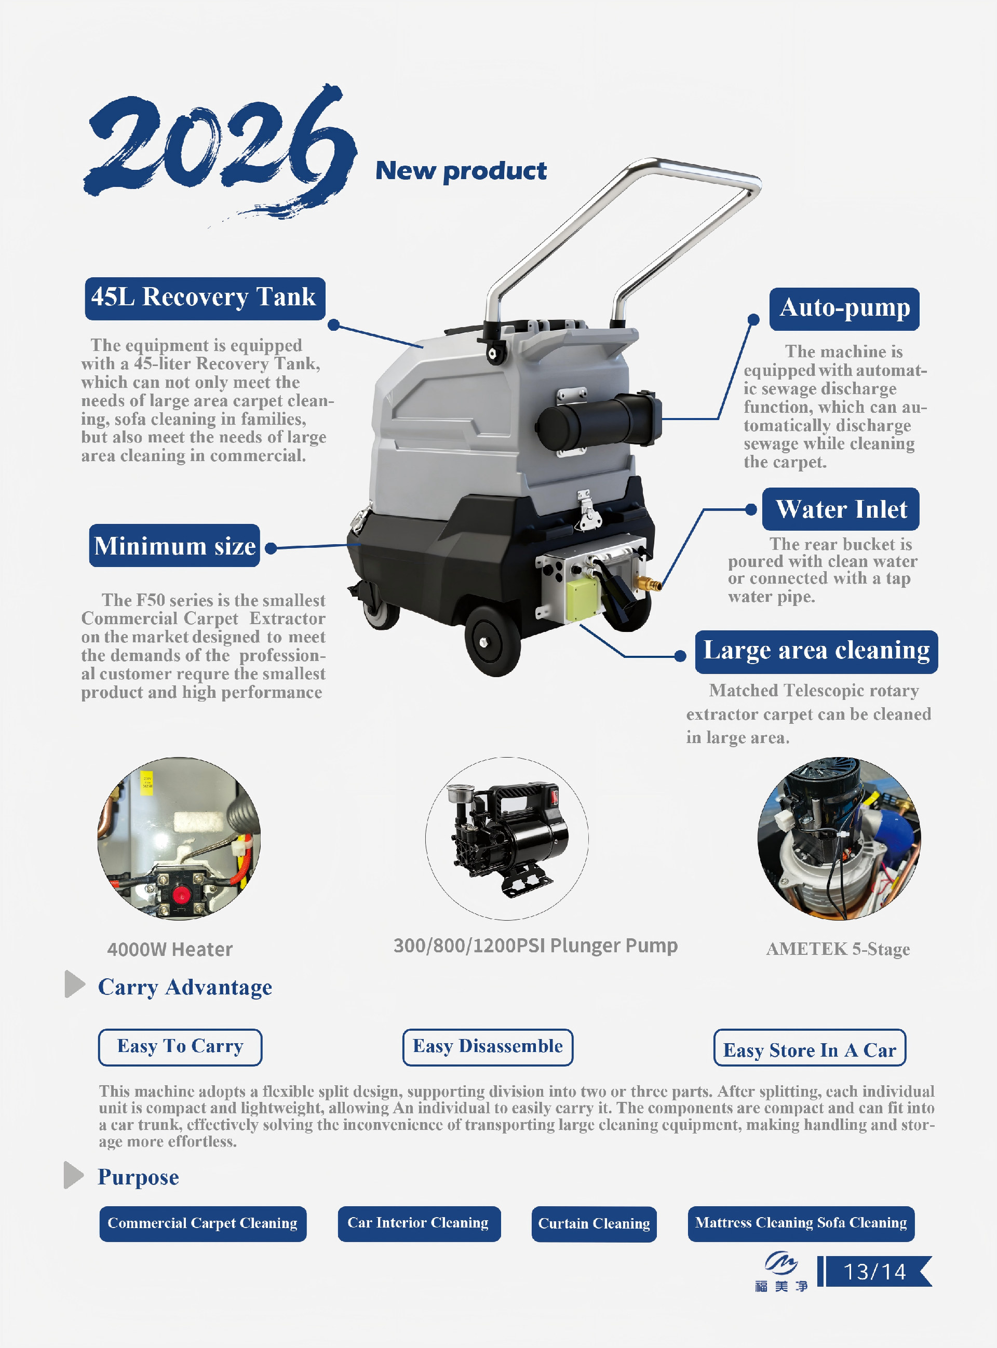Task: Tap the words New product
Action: point(461,171)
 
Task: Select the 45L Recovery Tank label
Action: point(205,299)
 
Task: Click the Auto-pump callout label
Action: point(844,309)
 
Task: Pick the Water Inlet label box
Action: point(841,509)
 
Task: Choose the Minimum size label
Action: point(174,545)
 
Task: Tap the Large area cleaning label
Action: point(816,652)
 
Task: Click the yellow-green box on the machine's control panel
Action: point(583,599)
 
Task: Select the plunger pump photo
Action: point(507,839)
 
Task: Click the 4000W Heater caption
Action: point(170,950)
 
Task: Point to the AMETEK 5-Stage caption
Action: point(838,949)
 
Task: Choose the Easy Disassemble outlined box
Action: point(488,1047)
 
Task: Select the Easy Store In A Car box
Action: point(810,1047)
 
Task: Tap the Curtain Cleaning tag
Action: point(594,1224)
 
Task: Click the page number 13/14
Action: point(874,1271)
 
